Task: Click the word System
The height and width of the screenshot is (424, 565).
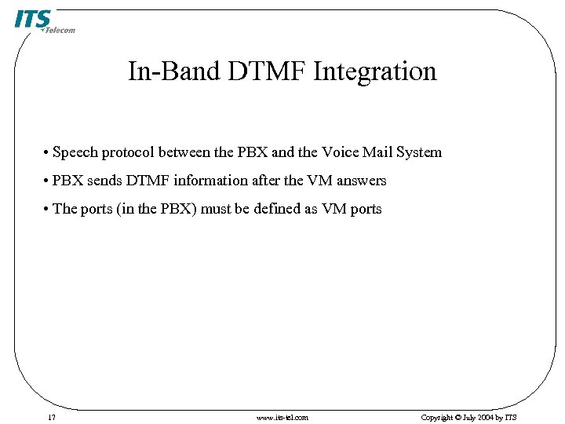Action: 420,152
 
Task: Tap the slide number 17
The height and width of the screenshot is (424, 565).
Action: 51,417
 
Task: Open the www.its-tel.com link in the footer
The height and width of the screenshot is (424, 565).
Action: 282,417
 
